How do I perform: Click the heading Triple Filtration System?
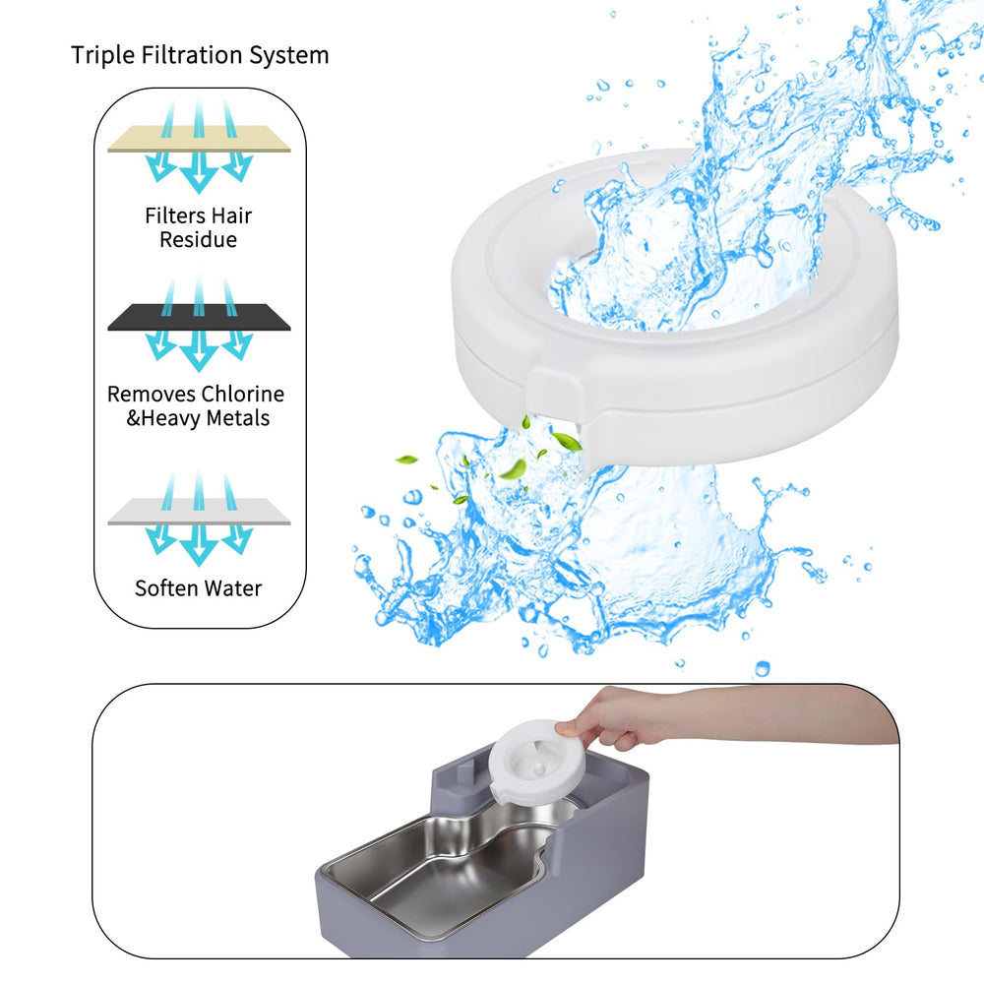200,55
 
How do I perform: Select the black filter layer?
199,317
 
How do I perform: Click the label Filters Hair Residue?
199,227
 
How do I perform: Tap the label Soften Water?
199,588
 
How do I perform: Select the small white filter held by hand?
536,763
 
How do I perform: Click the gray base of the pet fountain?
590,886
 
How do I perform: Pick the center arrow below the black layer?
199,349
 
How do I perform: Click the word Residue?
199,240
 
